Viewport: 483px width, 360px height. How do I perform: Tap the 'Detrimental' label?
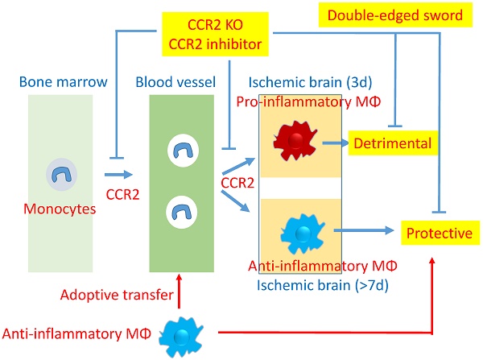(x=392, y=143)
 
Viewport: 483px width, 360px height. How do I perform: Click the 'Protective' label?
(x=438, y=234)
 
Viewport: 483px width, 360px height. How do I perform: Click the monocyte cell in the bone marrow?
(x=61, y=172)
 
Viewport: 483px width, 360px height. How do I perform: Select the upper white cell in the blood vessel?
(x=180, y=150)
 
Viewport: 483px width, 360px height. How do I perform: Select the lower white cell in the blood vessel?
(x=180, y=213)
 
